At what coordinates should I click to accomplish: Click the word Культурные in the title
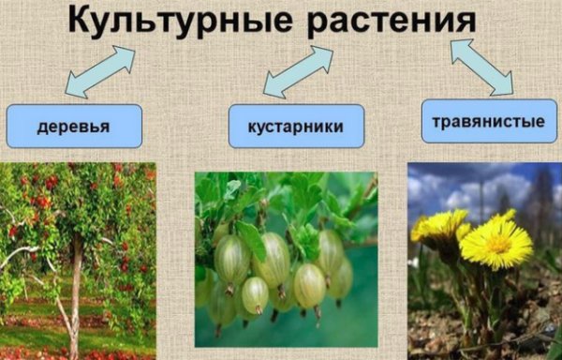(181, 20)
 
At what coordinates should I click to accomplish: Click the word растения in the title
(392, 22)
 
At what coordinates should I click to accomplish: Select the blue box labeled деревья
(75, 126)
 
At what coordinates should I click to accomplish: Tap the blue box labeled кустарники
(296, 127)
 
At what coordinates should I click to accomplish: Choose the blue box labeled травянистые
(489, 121)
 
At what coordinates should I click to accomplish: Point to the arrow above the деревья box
(100, 71)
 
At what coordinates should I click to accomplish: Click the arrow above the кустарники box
(299, 71)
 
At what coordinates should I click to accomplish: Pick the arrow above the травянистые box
(481, 67)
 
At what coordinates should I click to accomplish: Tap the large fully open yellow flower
(496, 243)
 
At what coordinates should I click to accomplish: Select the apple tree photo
(78, 261)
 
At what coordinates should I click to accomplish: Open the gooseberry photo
(286, 260)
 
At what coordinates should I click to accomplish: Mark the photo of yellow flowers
(484, 261)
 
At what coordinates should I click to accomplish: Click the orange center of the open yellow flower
(499, 244)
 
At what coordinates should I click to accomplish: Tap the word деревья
(73, 127)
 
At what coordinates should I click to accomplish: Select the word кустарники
(296, 127)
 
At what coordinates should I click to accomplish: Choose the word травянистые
(489, 122)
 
